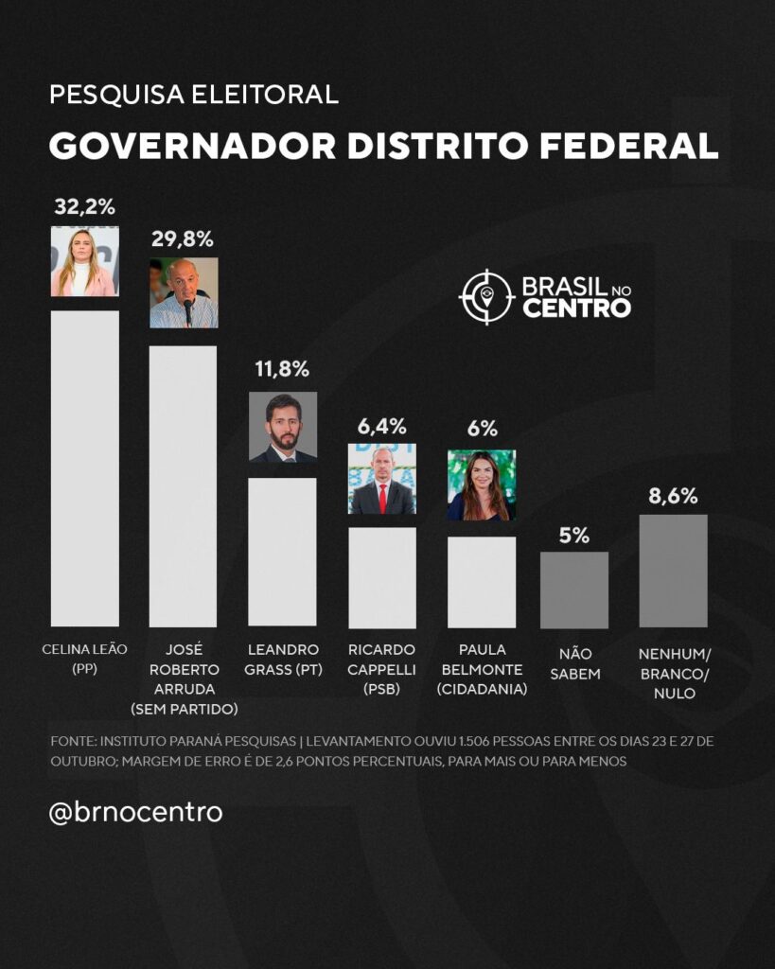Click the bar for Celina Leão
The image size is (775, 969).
point(84,467)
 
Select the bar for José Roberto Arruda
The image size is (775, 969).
point(183,485)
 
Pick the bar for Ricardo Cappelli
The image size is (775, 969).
point(381,576)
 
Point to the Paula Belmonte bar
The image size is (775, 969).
point(481,581)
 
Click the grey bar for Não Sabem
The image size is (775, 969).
point(573,590)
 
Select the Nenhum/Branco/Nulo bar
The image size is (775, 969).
point(673,570)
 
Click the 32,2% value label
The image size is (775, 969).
point(84,206)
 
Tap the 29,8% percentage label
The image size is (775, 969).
point(183,238)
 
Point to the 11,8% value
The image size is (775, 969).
point(282,368)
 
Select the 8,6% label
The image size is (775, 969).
point(673,495)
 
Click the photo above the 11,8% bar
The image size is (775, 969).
point(282,427)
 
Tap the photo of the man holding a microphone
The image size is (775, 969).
point(184,292)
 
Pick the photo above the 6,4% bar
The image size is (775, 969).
point(381,479)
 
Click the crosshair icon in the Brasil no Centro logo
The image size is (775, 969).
point(485,296)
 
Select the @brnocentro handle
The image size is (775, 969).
point(135,812)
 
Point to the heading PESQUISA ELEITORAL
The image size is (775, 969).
point(193,95)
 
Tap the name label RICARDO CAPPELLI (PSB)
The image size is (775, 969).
point(381,669)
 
